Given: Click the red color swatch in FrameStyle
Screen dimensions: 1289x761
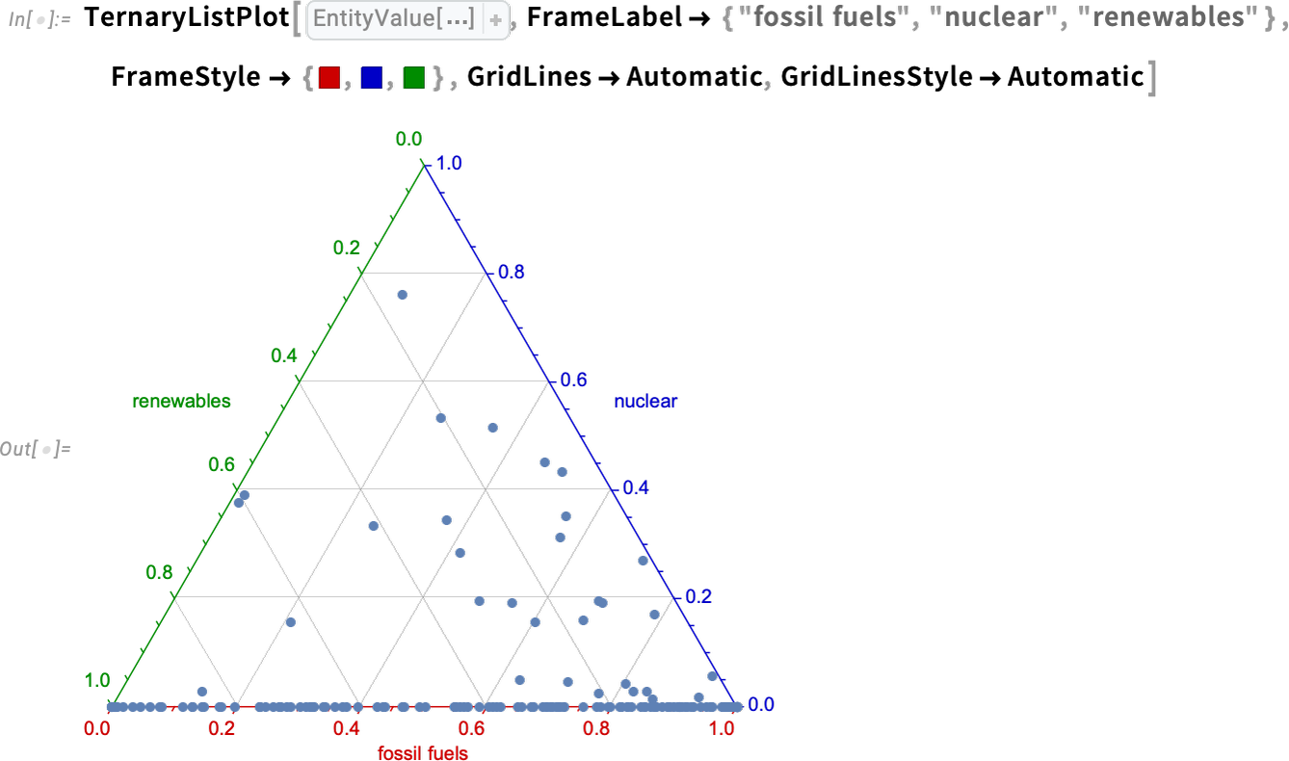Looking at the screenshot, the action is click(x=329, y=78).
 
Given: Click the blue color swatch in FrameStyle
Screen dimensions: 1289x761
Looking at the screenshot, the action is click(x=371, y=78).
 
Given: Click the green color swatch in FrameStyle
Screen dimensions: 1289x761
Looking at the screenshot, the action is click(x=413, y=78).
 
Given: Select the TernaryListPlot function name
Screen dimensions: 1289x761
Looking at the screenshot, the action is click(x=187, y=18).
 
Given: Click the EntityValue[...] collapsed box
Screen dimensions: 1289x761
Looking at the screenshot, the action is click(x=408, y=19).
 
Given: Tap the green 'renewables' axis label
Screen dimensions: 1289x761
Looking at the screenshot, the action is click(x=181, y=401).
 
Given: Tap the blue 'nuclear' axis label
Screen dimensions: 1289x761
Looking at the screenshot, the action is click(x=645, y=401).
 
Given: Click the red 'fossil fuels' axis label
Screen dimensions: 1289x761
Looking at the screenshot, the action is click(x=423, y=753).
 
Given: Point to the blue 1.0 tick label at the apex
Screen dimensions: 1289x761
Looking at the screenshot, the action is click(x=449, y=164).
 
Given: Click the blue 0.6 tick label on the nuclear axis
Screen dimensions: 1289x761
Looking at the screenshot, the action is click(x=574, y=380).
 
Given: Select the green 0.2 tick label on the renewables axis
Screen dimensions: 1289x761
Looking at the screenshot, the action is click(x=347, y=248).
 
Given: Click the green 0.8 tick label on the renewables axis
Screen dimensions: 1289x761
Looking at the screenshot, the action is click(x=159, y=572).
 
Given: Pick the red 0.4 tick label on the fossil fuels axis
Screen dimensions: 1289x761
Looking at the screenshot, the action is click(x=347, y=729).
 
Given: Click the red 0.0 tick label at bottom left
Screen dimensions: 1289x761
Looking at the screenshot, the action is click(x=97, y=729).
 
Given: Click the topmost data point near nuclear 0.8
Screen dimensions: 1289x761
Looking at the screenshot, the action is click(x=403, y=295).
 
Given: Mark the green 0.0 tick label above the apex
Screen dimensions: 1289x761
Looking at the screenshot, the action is click(x=409, y=139).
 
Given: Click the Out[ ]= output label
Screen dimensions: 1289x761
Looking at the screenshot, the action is click(x=35, y=449).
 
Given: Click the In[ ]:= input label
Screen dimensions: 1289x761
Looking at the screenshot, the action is click(x=39, y=19).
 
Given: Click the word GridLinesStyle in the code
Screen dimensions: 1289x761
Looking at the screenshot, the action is click(x=877, y=77).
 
